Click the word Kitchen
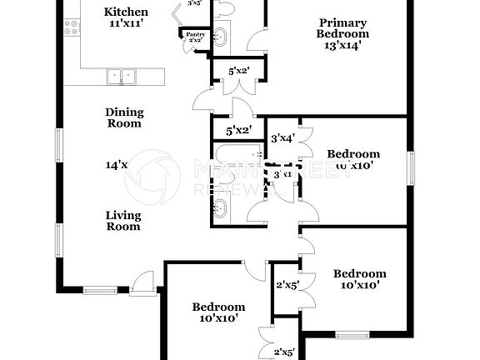pyautogui.click(x=127, y=12)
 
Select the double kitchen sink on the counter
pyautogui.click(x=122, y=77)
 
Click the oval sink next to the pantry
pyautogui.click(x=220, y=36)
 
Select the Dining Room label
pyautogui.click(x=123, y=117)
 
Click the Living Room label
pyautogui.click(x=122, y=220)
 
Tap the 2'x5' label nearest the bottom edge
pyautogui.click(x=287, y=352)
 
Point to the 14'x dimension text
pyautogui.click(x=116, y=165)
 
